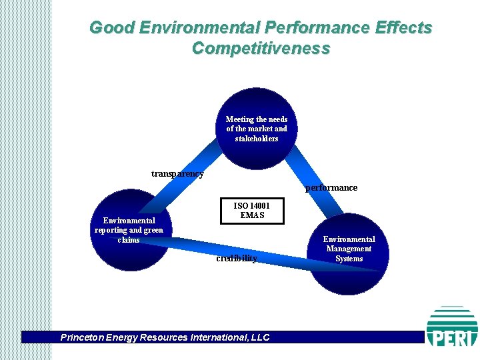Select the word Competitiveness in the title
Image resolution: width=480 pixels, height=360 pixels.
click(x=261, y=49)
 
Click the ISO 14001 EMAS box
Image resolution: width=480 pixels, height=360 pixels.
click(x=252, y=211)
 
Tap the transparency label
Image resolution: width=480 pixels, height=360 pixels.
click(x=177, y=174)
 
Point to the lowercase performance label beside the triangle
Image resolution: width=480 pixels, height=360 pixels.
click(x=331, y=188)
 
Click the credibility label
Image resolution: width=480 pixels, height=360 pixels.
click(x=237, y=258)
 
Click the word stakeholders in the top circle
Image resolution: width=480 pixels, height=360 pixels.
click(x=257, y=139)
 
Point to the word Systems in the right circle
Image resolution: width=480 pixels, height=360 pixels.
click(x=349, y=259)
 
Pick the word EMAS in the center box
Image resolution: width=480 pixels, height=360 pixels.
click(x=253, y=215)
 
